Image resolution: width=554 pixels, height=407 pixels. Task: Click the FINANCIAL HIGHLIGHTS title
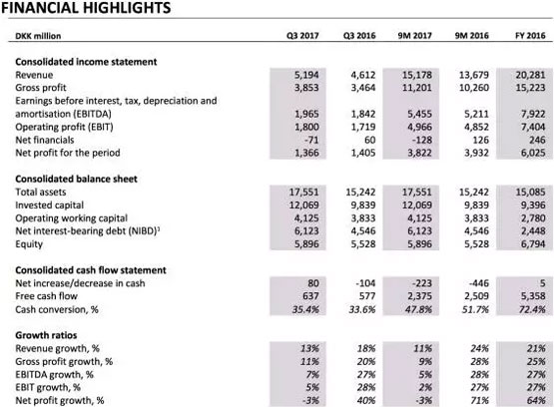pos(86,7)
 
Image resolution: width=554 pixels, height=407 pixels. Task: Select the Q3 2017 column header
pos(302,36)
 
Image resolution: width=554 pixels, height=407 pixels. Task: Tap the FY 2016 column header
pos(530,36)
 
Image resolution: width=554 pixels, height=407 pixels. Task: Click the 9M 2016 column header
pos(472,36)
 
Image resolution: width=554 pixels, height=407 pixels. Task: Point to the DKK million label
pos(38,36)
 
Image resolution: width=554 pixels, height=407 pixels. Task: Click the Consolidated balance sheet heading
pos(76,179)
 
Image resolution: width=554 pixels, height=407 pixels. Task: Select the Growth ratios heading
pos(46,335)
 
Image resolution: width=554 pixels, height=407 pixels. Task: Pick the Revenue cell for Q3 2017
pos(306,75)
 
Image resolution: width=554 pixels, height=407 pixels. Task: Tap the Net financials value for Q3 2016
pos(370,140)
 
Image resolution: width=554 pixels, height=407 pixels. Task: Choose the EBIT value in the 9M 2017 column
pos(419,127)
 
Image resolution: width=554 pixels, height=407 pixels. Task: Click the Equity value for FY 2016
pos(533,244)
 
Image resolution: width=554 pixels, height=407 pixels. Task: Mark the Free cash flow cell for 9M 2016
pos(476,296)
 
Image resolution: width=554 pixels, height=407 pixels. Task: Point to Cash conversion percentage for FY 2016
pos(533,309)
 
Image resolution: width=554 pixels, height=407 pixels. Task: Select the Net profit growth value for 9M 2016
pos(479,401)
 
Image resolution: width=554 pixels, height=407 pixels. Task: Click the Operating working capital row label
pos(71,218)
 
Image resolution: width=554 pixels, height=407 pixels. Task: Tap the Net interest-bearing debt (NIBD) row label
pos(88,230)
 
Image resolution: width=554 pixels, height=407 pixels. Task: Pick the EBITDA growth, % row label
pos(55,374)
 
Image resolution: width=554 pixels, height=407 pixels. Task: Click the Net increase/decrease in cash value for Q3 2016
pos(365,283)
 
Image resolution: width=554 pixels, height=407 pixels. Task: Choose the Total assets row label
pos(41,192)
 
